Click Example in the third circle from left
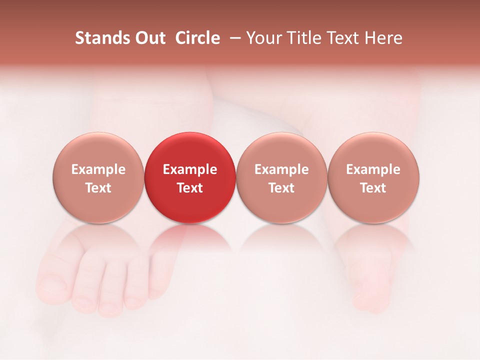[281, 169]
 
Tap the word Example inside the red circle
[190, 169]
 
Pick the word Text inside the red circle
[190, 188]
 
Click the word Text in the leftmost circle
[98, 188]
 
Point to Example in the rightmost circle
[373, 169]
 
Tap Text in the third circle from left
[281, 188]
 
